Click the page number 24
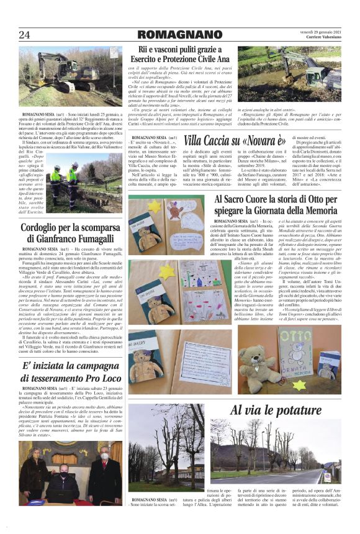click(x=24, y=34)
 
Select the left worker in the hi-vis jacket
click(x=56, y=176)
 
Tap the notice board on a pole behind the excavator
click(x=113, y=55)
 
